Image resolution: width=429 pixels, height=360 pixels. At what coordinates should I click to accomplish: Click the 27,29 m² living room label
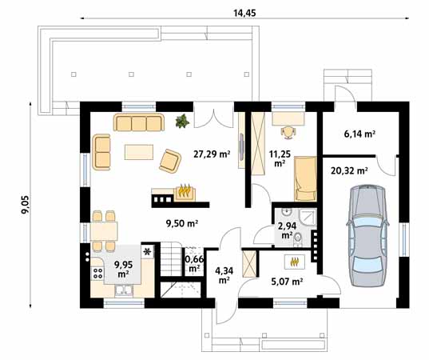212,154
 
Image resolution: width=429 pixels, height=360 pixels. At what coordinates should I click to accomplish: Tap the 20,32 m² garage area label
349,171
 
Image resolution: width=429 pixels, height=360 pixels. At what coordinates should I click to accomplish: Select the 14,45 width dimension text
245,13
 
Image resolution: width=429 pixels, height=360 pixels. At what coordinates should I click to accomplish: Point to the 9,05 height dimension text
26,204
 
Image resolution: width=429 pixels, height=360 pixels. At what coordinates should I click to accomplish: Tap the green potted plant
182,121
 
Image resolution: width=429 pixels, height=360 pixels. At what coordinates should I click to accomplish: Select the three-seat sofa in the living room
139,122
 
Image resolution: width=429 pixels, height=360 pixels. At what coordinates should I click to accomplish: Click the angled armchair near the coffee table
170,161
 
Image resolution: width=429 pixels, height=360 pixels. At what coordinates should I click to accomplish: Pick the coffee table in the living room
139,152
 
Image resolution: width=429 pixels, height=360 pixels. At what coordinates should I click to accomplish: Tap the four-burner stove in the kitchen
97,273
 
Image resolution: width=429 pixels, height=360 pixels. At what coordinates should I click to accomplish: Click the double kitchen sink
124,290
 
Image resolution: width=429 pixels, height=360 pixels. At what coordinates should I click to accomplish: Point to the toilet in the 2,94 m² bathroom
297,238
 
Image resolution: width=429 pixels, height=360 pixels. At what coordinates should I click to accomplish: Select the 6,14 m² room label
359,134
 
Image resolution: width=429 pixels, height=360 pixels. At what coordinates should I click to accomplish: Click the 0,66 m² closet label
194,263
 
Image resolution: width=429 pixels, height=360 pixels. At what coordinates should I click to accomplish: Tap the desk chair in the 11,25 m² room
288,132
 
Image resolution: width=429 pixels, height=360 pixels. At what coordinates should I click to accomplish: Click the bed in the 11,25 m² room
305,178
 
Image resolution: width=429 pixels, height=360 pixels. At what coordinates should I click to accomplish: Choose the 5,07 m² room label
287,282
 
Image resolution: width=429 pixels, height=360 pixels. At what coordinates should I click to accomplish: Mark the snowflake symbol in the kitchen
147,251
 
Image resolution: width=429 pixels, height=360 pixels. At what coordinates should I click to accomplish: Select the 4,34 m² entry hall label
224,276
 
